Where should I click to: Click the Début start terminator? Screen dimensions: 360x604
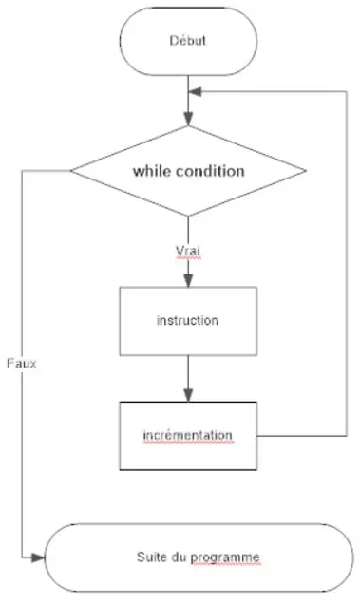[187, 41]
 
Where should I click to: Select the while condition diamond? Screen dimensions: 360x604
[188, 172]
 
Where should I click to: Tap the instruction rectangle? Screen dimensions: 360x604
[187, 320]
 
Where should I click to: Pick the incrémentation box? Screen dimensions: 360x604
[187, 435]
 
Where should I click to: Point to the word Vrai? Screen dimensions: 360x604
[187, 251]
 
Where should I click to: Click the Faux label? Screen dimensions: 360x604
[21, 364]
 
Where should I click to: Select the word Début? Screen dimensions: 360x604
[187, 41]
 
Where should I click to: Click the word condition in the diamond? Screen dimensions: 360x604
[210, 172]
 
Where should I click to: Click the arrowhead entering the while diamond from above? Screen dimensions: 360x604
[188, 120]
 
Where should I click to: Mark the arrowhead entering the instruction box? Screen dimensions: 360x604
[187, 280]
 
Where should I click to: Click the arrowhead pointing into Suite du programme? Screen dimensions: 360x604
[40, 555]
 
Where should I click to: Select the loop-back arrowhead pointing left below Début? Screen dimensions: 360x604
[195, 92]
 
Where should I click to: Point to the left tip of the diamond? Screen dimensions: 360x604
[72, 172]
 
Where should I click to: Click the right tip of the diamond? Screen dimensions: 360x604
[305, 172]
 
